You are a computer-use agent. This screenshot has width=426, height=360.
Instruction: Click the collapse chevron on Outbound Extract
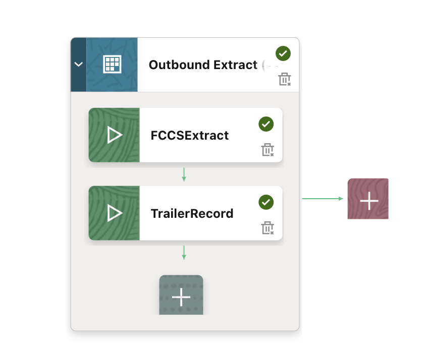(79, 65)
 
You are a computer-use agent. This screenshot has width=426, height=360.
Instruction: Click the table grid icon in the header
(112, 65)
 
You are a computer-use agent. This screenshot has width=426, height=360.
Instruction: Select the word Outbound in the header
(179, 65)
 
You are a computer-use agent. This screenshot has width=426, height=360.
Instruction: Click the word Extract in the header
(235, 65)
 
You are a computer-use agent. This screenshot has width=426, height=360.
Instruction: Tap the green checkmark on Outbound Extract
(283, 53)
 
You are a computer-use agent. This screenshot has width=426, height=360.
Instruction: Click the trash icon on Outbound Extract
(285, 79)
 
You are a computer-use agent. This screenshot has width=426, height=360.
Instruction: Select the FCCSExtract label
(190, 136)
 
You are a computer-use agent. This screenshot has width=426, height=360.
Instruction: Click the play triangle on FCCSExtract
(115, 135)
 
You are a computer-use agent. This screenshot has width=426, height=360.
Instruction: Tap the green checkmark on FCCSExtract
(266, 124)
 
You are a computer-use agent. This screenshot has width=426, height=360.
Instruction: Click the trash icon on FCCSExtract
(268, 150)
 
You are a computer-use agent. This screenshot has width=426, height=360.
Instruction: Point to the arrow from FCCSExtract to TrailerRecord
(184, 174)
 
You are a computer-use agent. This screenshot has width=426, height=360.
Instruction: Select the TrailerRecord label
(192, 214)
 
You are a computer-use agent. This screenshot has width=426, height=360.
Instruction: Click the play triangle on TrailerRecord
(115, 213)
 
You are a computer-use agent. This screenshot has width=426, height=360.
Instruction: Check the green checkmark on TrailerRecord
(266, 202)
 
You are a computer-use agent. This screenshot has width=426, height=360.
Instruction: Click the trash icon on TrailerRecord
(268, 228)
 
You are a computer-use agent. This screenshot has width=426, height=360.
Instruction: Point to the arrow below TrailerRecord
(184, 253)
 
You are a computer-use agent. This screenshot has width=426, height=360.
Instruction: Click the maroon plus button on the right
(368, 199)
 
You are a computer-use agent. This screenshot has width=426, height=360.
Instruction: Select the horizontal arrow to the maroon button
(323, 199)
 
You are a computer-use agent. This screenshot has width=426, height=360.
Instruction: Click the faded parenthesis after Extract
(263, 66)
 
